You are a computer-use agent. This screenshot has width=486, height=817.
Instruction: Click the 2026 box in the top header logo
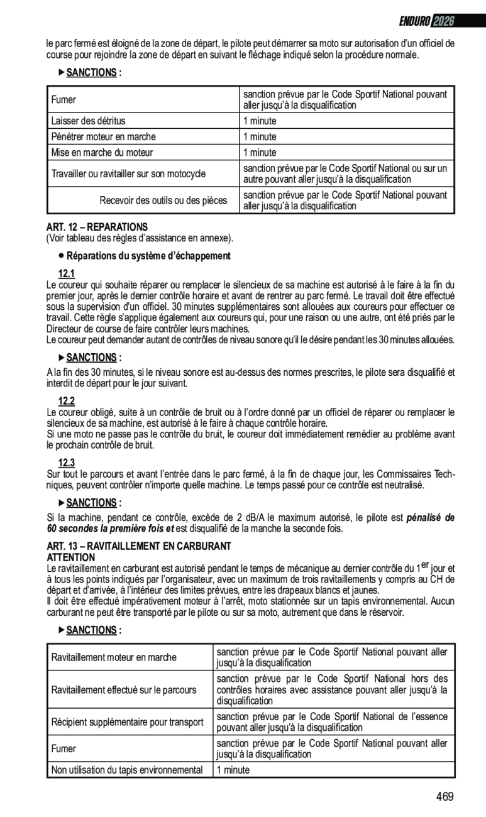pos(444,21)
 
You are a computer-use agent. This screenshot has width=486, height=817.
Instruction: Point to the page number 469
pos(444,797)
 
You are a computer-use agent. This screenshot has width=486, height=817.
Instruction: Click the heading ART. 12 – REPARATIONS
pos(97,227)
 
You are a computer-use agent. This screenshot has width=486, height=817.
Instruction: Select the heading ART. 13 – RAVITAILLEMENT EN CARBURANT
pos(140,546)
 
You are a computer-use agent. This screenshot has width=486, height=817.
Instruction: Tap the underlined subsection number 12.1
pos(67,273)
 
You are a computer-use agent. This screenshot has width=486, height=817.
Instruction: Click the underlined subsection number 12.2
pos(67,401)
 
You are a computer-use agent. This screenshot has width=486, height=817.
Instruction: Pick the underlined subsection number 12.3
pos(67,463)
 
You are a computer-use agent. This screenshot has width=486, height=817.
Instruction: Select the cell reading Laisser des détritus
pos(89,121)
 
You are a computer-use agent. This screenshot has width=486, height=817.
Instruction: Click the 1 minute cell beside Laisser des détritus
pos(260,121)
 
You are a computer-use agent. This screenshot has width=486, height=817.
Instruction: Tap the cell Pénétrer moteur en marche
pos(104,136)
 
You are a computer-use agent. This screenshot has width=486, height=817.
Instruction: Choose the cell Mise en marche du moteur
pos(102,152)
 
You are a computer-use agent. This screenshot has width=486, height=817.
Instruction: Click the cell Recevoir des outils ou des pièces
pos(163,200)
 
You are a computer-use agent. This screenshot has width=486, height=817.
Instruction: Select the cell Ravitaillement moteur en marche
pos(114,657)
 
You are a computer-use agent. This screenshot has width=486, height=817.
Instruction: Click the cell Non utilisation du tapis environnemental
pos(127,770)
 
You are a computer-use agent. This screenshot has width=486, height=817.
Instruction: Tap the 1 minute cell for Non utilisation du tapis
pos(233,770)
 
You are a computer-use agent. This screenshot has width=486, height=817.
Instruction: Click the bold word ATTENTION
pos(72,557)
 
